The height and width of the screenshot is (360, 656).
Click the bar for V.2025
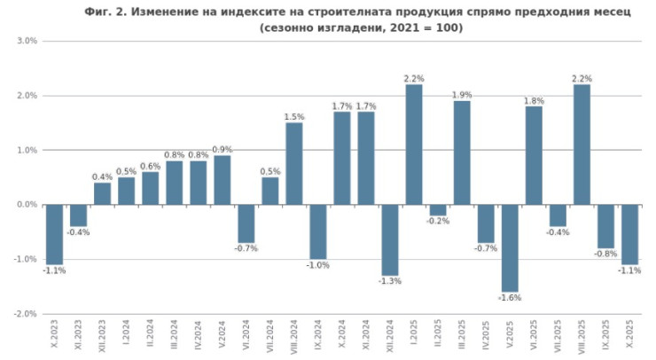click(x=509, y=247)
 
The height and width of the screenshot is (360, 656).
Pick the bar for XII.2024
click(x=389, y=239)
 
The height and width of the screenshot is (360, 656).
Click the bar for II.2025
click(x=437, y=210)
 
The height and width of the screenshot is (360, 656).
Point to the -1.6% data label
click(x=509, y=299)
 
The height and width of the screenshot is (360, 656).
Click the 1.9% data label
click(x=461, y=95)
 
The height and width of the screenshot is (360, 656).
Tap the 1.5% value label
click(x=293, y=116)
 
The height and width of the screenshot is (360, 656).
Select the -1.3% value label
click(x=389, y=282)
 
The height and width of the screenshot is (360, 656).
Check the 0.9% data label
click(x=222, y=149)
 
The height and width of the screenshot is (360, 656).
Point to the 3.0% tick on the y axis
click(x=27, y=42)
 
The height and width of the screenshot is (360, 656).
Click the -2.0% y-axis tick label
click(x=26, y=314)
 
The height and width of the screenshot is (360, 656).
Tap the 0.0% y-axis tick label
click(x=27, y=205)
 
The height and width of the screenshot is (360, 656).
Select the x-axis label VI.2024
click(x=246, y=337)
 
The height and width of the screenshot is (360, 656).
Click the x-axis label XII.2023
click(x=103, y=337)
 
